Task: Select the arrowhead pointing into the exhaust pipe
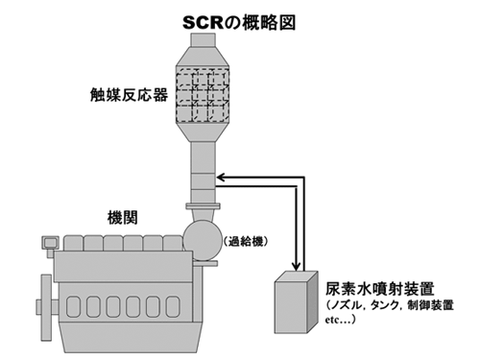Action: [x=222, y=176]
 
